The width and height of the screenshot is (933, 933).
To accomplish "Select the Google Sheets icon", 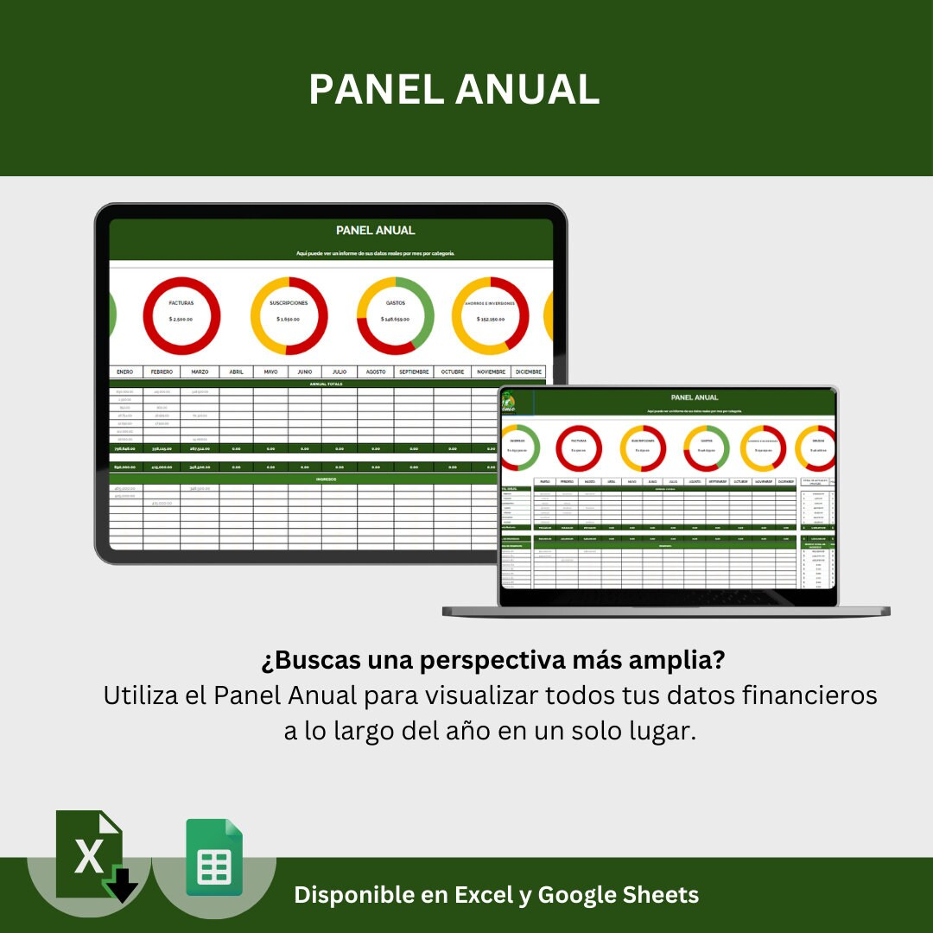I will tap(214, 858).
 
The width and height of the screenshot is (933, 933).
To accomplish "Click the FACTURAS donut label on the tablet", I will tap(181, 303).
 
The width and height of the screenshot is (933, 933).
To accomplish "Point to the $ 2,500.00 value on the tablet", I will tap(181, 319).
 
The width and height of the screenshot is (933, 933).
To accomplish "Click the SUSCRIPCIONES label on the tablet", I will tap(289, 303).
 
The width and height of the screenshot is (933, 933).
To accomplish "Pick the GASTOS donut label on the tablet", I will tap(396, 303).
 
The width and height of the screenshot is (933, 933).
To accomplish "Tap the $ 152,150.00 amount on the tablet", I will tap(491, 319).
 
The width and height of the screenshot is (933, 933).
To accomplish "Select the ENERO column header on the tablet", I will tap(125, 372).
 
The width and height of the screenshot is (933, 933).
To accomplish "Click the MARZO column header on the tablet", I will tap(200, 372).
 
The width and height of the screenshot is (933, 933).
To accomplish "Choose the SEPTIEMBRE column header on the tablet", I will tap(414, 372).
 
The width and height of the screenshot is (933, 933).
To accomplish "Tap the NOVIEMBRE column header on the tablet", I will tap(490, 372).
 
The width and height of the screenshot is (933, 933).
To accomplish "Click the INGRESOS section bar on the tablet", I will tap(327, 479).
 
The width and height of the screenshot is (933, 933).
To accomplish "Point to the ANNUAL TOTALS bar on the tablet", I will tap(327, 384).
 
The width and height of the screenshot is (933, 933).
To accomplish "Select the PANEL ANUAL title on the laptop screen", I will tap(695, 397).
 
